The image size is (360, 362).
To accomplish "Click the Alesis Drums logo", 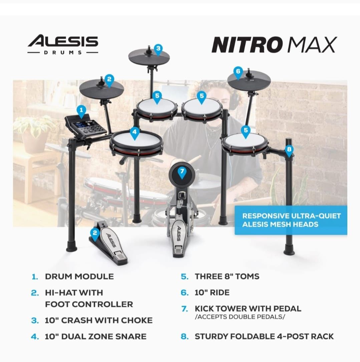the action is pos(63,44).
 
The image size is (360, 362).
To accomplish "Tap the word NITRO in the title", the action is pos(246,44).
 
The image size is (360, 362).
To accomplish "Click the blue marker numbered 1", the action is pos(81,111).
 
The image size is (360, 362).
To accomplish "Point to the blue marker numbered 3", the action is pos(158,49).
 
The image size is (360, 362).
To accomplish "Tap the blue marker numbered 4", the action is pos(135,133).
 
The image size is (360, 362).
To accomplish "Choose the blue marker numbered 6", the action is pos(238,72).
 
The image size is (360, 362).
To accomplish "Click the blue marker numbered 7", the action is pos(182,172).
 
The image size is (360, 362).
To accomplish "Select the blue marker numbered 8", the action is pos(289,151).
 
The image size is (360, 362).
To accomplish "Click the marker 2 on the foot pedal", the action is pos(95,234).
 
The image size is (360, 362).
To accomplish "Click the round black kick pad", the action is pos(182,174).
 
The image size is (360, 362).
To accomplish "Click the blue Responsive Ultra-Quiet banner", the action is pos(291,220).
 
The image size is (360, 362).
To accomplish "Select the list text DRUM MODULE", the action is pos(79,277).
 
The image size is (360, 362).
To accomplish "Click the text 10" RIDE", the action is pos(212,293).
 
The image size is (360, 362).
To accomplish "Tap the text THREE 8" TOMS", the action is pos(227,277).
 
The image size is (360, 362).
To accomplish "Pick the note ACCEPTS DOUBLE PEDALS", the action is pos(240,317).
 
